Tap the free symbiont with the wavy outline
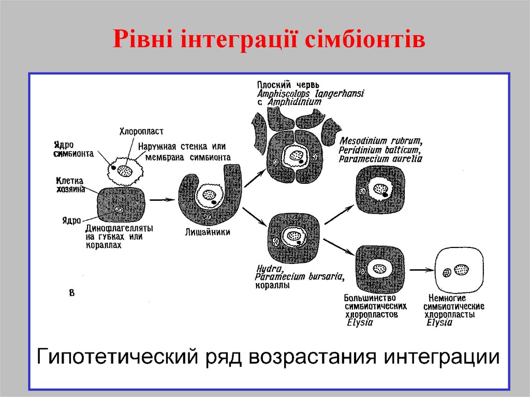point(124,169)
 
